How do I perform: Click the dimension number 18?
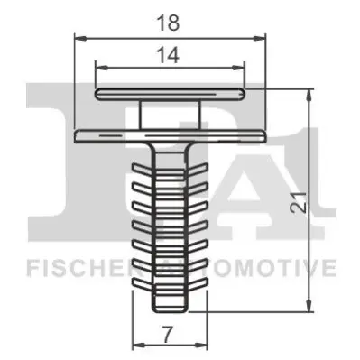pyautogui.click(x=169, y=23)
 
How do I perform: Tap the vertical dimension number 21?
pyautogui.click(x=300, y=201)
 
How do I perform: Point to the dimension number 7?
pyautogui.click(x=169, y=334)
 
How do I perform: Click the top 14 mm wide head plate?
pyautogui.click(x=170, y=94)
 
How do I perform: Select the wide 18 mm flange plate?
pyautogui.click(x=171, y=135)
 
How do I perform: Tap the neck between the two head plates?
pyautogui.click(x=170, y=115)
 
